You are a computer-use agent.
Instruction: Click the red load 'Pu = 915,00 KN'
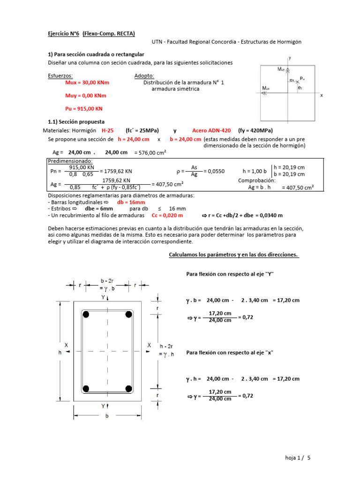point(84,109)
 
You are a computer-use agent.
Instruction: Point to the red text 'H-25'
point(108,131)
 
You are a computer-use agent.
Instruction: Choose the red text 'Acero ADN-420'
point(211,131)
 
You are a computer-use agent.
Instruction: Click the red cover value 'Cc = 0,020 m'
point(167,215)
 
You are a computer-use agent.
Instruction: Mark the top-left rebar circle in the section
point(86,315)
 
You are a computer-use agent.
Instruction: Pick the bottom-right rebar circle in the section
point(128,388)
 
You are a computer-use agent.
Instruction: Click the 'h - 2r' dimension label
point(167,345)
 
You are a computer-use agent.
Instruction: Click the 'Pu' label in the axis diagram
point(302,78)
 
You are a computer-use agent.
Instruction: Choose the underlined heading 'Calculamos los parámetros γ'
point(233,255)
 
